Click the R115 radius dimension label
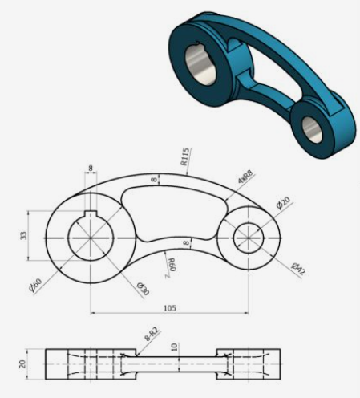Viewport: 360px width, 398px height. coord(184,156)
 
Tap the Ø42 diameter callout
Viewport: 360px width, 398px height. coord(298,268)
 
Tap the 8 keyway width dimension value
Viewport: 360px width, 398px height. coord(90,169)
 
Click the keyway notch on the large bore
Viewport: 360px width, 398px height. coord(91,214)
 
